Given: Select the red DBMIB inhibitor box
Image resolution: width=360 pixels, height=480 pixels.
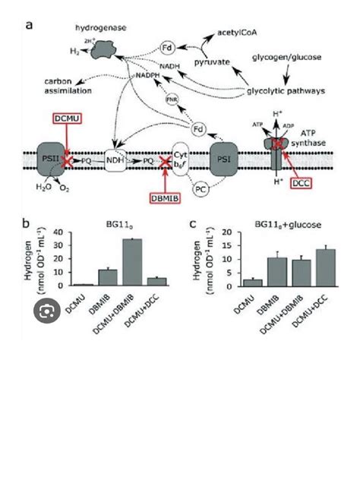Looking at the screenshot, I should (164, 197).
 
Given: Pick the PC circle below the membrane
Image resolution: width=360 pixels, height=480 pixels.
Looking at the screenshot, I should (201, 186).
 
